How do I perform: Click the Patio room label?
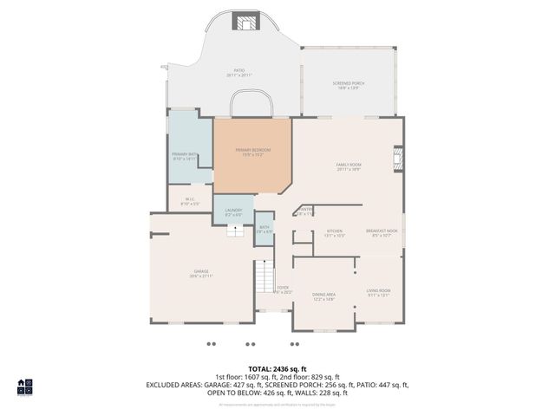(x=238, y=73)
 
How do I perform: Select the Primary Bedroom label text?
(x=253, y=152)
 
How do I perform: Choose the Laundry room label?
(x=233, y=211)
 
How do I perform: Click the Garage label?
(x=200, y=274)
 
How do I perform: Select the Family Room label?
(x=349, y=166)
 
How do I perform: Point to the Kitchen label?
(x=334, y=233)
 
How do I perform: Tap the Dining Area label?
(x=323, y=296)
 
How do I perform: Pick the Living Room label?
(x=378, y=292)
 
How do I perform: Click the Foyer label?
(x=283, y=289)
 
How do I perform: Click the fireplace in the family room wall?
(x=398, y=159)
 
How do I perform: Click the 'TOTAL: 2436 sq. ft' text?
(x=277, y=368)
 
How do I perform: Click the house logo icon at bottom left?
(x=24, y=387)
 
